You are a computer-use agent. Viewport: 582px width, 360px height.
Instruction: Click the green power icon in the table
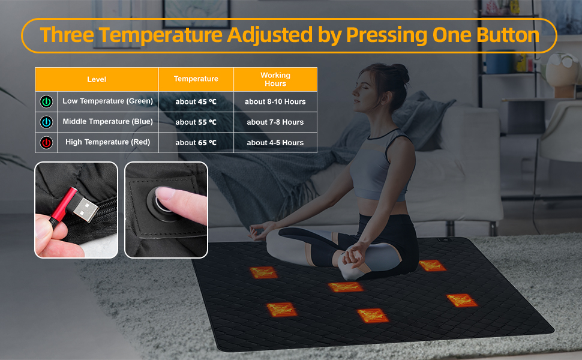click(46, 102)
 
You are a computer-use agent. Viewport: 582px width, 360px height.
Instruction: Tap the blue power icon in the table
click(46, 122)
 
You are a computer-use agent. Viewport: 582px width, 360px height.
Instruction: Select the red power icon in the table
click(46, 143)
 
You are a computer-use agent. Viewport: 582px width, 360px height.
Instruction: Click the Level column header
click(97, 79)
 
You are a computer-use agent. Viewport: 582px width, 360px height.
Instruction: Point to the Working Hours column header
click(275, 79)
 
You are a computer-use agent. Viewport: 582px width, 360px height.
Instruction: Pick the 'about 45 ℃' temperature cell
click(196, 102)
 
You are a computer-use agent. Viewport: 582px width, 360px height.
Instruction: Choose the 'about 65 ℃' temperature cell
click(196, 143)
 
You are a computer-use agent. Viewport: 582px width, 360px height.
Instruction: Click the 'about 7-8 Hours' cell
click(275, 122)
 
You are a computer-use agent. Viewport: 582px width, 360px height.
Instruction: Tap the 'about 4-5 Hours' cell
click(275, 143)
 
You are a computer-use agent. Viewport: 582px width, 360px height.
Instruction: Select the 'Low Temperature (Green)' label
click(107, 101)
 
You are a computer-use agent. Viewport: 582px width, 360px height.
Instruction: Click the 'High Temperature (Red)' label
click(107, 142)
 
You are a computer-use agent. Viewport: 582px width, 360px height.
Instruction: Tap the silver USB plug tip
click(86, 211)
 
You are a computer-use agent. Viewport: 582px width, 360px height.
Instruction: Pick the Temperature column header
click(196, 79)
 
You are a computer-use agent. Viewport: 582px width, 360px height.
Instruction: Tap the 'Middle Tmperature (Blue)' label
click(107, 122)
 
